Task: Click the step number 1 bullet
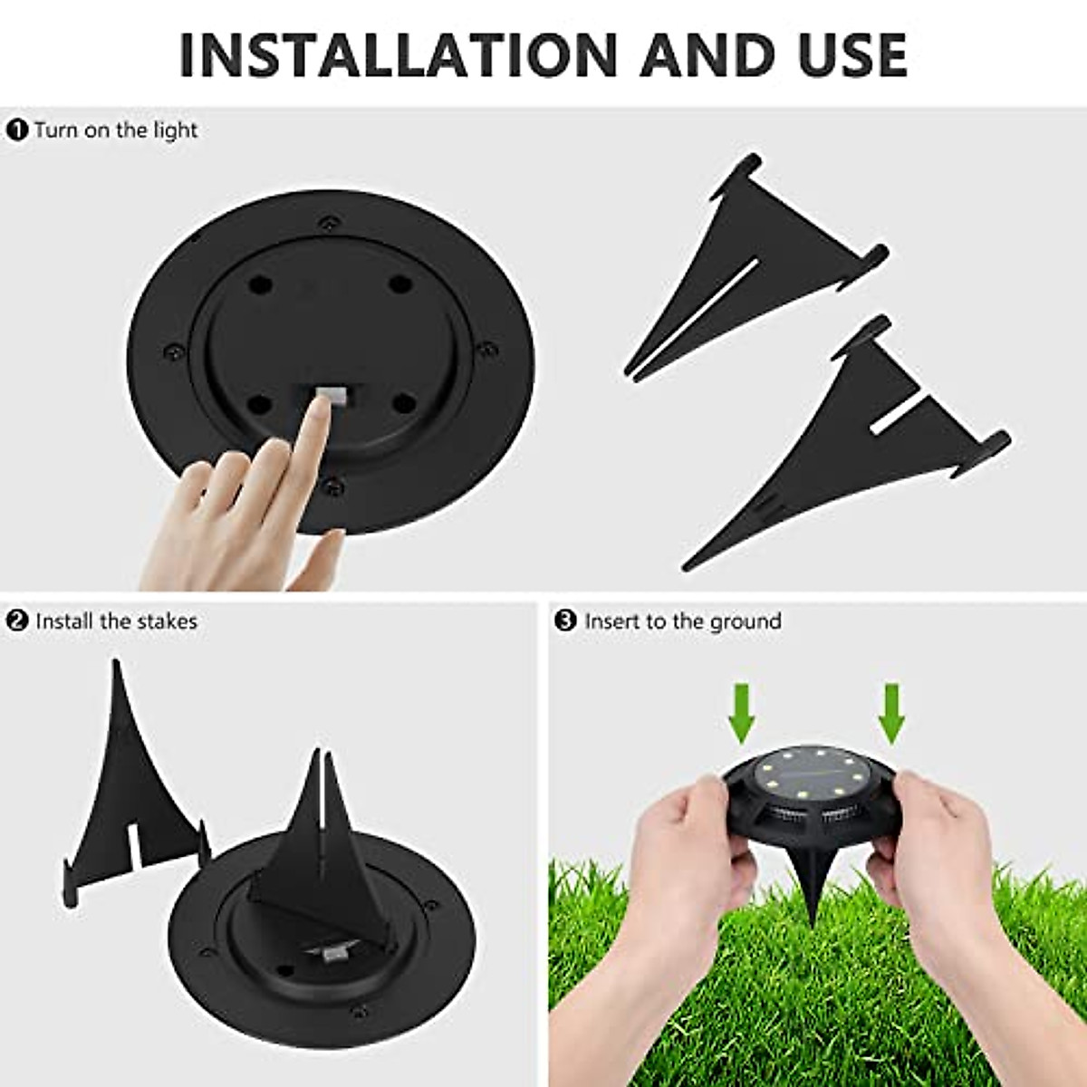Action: click(17, 130)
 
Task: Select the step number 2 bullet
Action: click(17, 620)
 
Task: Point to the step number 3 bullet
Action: click(565, 620)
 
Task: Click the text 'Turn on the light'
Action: click(116, 130)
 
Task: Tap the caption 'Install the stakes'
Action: click(116, 620)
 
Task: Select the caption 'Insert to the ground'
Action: click(682, 620)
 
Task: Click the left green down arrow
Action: click(743, 711)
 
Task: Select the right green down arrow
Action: click(892, 711)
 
